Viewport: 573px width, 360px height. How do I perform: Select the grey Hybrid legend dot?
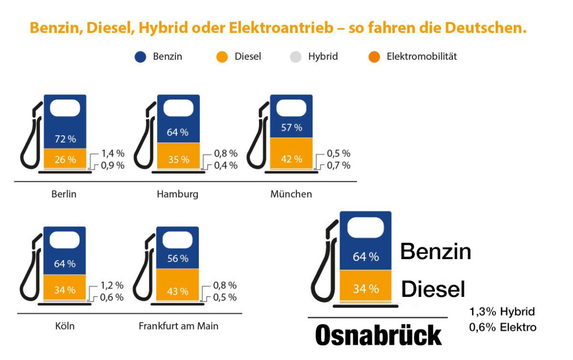click(296, 57)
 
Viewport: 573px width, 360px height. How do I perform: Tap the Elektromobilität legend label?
click(421, 56)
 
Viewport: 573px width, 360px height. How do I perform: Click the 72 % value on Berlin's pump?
click(65, 139)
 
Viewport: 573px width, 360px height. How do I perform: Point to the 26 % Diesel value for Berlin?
click(65, 159)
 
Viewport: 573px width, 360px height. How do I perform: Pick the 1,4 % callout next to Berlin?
click(113, 153)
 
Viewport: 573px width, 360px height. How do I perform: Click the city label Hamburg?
click(177, 194)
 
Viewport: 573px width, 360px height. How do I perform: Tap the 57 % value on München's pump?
click(291, 128)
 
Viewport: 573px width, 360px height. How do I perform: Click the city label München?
click(291, 194)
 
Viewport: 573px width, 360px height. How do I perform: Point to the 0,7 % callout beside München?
click(338, 166)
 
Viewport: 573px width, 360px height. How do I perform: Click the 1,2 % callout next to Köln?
click(112, 285)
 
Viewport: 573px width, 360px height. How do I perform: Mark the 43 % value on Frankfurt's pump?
click(177, 291)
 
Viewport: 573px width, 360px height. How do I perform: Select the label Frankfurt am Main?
click(178, 326)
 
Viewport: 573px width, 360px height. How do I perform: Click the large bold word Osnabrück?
click(379, 336)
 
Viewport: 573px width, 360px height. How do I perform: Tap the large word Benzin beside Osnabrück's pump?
click(435, 252)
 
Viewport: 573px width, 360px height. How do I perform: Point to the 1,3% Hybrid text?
click(502, 312)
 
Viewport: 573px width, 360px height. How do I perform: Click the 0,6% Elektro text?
click(502, 327)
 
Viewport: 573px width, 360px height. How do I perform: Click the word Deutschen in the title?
click(485, 28)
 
